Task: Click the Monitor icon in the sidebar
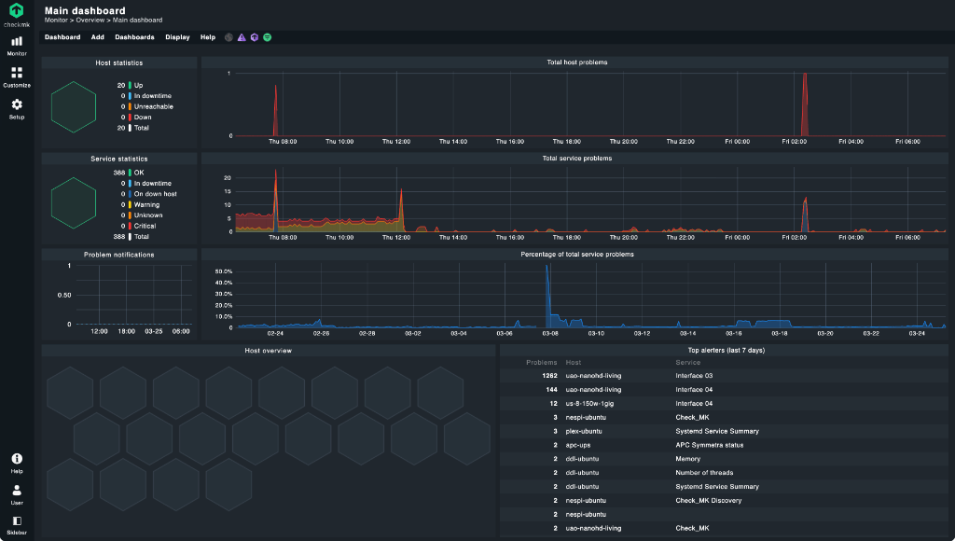pos(17,44)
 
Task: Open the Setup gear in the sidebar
pos(17,107)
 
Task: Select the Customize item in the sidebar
pos(17,76)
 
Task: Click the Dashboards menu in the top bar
pos(134,37)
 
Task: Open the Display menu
pos(177,37)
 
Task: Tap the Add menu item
pos(98,37)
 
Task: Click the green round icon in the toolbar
pos(268,37)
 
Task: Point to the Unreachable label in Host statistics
pos(153,106)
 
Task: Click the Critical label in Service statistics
pos(145,226)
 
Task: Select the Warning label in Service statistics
pos(146,204)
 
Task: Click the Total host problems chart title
pos(576,62)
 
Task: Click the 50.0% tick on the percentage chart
pos(224,271)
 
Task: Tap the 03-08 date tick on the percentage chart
pos(550,332)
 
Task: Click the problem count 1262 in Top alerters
pos(549,376)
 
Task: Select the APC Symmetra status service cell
pos(711,445)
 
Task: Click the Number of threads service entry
pos(704,473)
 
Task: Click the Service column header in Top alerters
pos(687,362)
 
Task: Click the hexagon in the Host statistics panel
pos(74,106)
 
